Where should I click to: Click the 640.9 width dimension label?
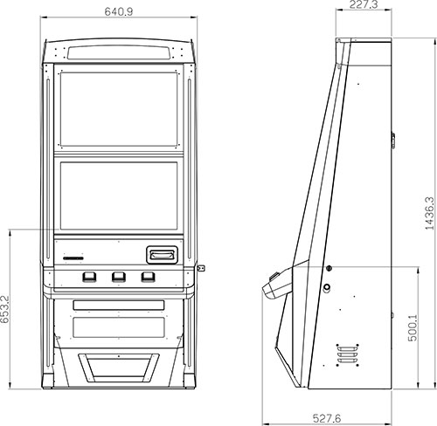[119, 11]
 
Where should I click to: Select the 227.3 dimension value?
[364, 4]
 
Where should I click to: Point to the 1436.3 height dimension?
[429, 214]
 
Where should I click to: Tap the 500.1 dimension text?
[413, 327]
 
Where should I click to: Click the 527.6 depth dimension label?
[327, 418]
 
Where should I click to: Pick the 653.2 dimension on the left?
[5, 309]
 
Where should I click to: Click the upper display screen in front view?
[119, 109]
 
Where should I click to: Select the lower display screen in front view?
[119, 196]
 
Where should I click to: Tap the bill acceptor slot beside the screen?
[162, 255]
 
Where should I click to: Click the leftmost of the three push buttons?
[89, 277]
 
